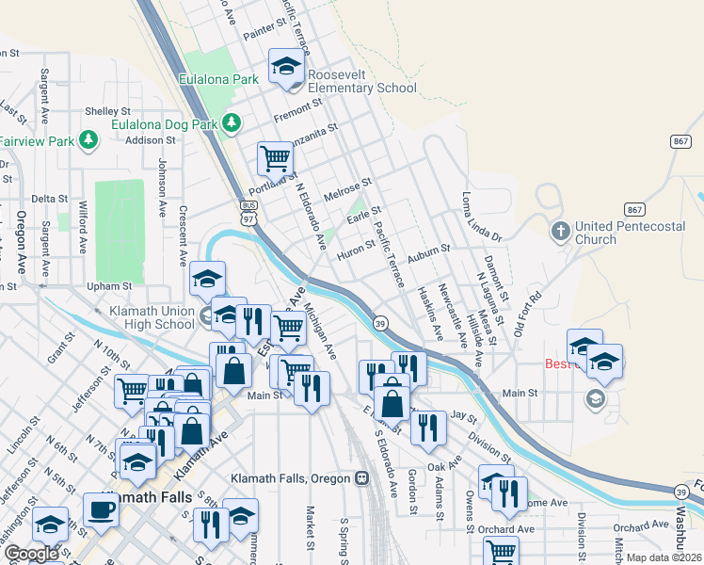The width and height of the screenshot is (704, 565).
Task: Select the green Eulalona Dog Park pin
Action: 230,123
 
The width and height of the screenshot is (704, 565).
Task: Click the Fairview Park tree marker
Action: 88,140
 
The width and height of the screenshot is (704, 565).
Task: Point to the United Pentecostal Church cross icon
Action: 559,231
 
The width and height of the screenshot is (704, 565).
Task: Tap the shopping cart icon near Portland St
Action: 275,158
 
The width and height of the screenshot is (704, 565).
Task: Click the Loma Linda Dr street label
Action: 482,217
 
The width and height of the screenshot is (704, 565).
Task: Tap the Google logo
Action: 31,553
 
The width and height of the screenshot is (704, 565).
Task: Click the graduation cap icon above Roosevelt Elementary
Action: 286,66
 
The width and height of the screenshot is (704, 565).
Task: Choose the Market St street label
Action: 310,527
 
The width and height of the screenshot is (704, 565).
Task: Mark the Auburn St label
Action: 429,254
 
